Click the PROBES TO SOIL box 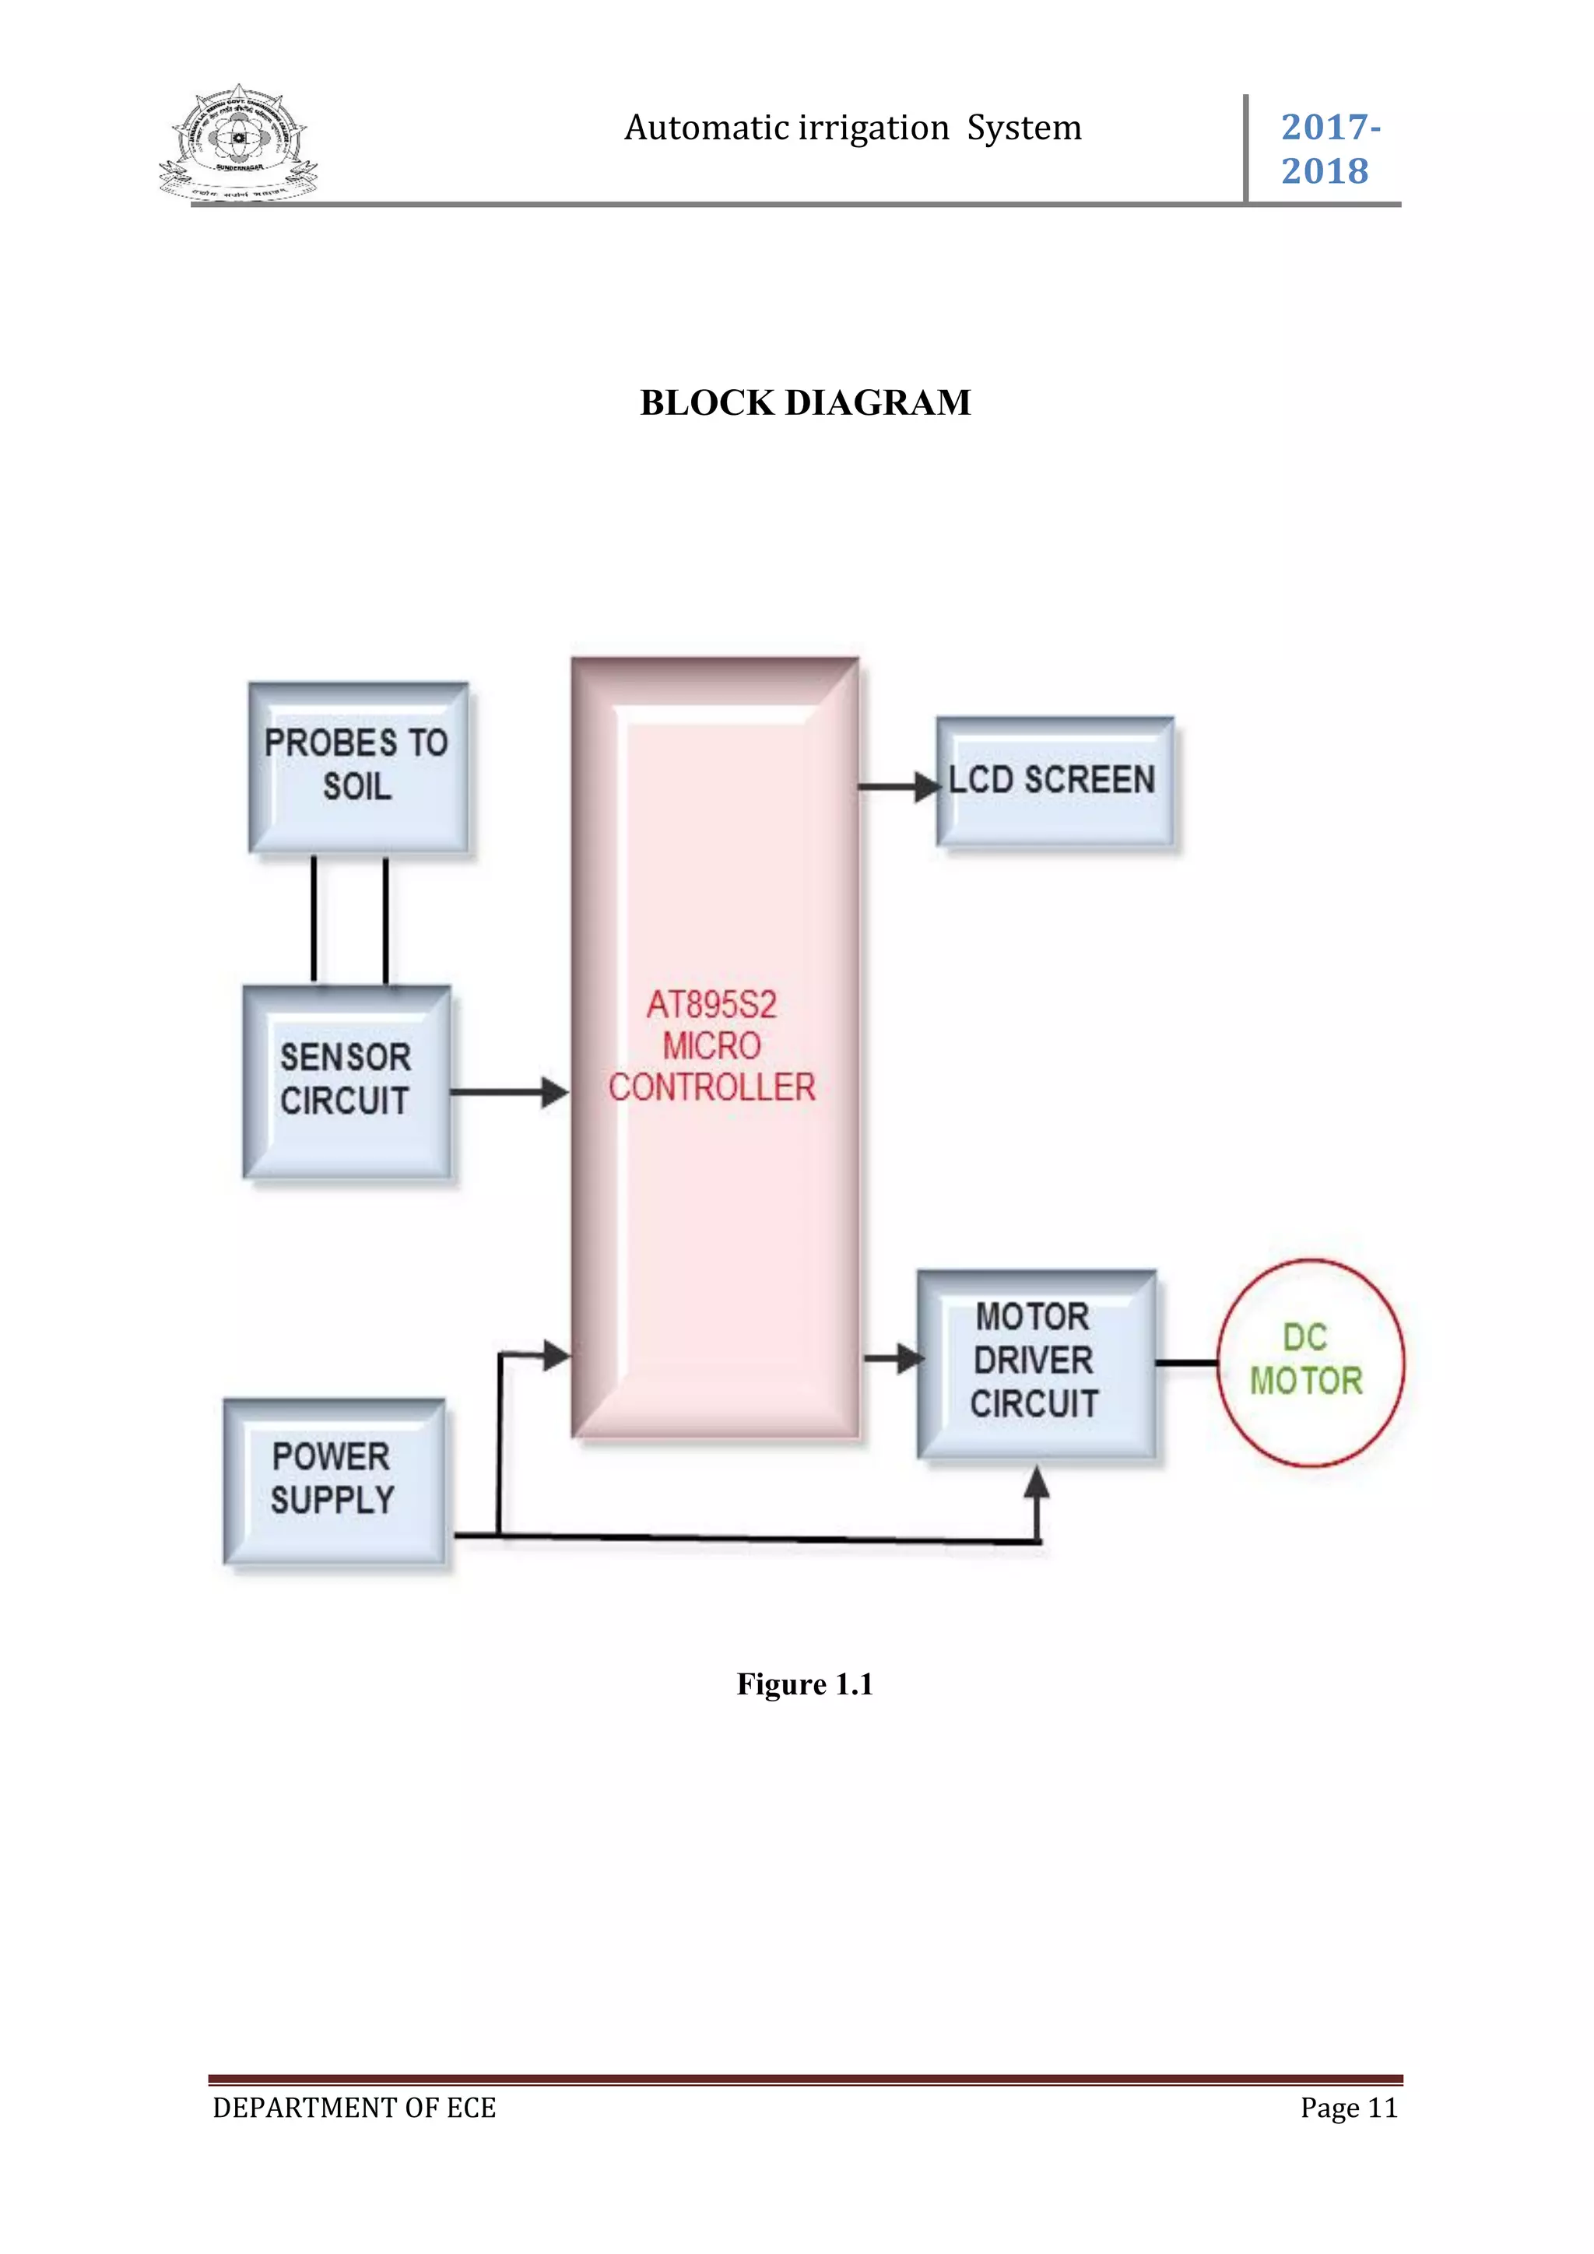(x=357, y=766)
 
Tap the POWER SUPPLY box (x=334, y=1480)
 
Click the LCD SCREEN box (x=1054, y=781)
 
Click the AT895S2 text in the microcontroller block (x=711, y=1004)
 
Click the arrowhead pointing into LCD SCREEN (x=925, y=786)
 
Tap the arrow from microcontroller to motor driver (x=894, y=1359)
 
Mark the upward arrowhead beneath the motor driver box (x=1037, y=1483)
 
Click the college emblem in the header (x=238, y=143)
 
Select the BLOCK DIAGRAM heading (x=805, y=402)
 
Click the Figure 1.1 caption (x=805, y=1684)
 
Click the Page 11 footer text (x=1347, y=2108)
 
